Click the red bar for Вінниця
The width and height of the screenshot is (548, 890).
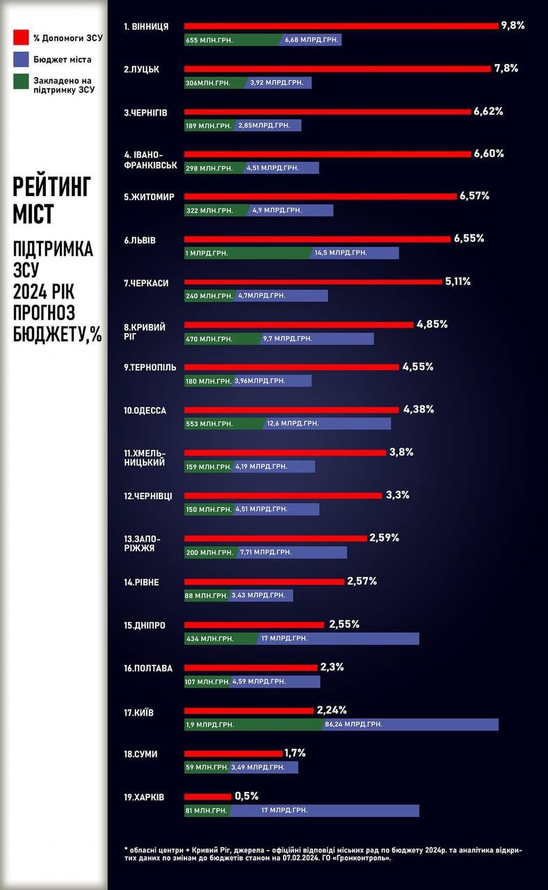[x=341, y=26]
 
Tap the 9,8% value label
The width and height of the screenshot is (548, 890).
[x=513, y=26]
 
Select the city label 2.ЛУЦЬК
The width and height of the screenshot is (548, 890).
[x=142, y=70]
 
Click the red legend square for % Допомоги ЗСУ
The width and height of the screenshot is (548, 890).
[x=21, y=38]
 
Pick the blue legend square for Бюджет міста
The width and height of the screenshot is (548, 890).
[x=21, y=60]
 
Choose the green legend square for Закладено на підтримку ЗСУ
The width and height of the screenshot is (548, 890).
[x=21, y=83]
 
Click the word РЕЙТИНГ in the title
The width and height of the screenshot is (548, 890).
[x=51, y=187]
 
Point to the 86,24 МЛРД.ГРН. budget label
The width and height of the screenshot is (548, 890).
[x=353, y=725]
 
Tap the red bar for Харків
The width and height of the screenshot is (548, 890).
[x=208, y=797]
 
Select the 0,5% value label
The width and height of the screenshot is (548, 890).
[x=246, y=796]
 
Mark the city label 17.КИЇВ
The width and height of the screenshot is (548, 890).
[x=139, y=713]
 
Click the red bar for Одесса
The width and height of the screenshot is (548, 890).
[x=292, y=410]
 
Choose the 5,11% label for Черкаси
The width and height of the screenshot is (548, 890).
[x=458, y=282]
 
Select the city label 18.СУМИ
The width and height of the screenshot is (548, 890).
[x=140, y=754]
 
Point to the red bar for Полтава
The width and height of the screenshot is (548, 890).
[x=251, y=668]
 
